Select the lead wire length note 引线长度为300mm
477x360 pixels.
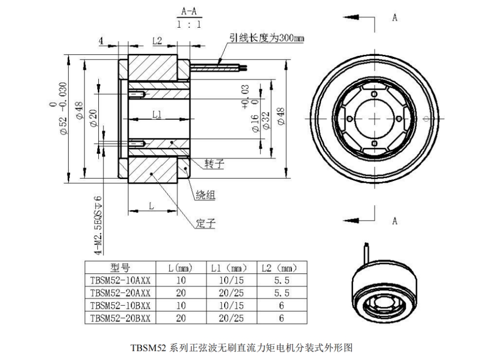267,38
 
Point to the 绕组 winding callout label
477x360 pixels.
206,194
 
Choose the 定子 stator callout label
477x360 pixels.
206,223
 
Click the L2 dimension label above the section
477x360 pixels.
157,41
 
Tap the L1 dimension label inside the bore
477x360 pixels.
157,115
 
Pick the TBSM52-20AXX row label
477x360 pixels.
120,293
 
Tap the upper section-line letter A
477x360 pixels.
395,18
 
